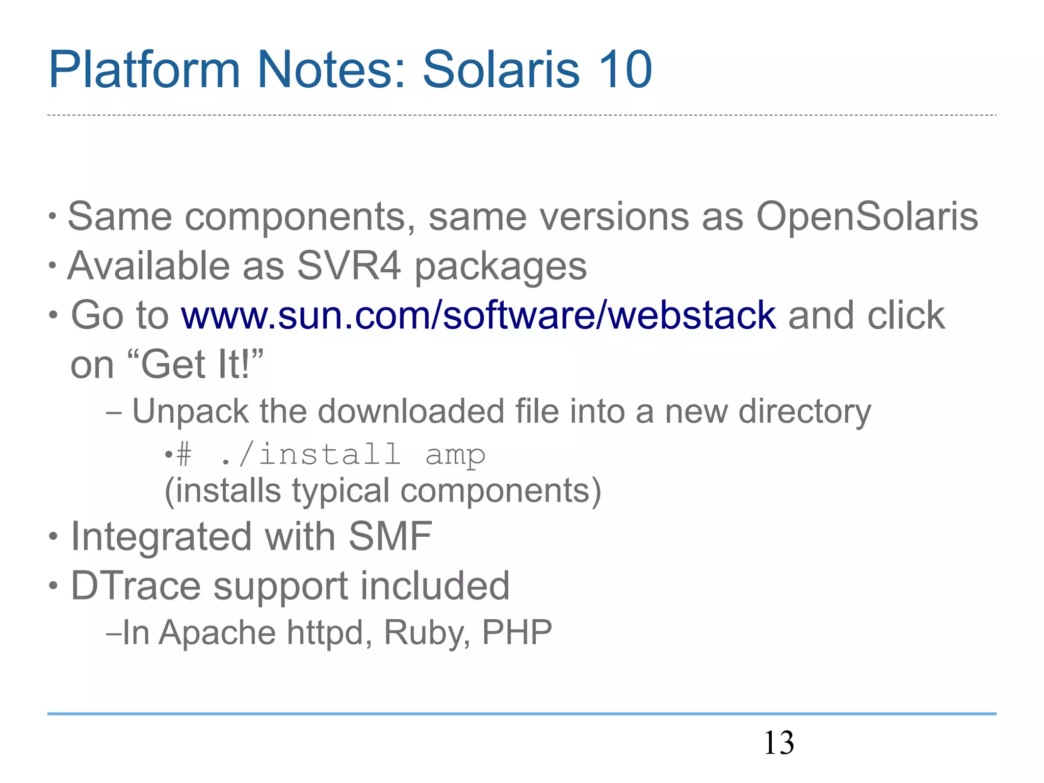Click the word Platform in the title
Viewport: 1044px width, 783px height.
tap(144, 70)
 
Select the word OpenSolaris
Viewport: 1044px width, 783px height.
tap(867, 216)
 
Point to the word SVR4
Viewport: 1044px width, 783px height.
tap(349, 266)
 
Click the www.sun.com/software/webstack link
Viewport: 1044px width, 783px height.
tap(479, 315)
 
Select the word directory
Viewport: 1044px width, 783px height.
tap(805, 412)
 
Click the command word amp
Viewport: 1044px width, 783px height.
tap(455, 455)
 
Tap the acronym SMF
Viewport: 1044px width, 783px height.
tap(390, 536)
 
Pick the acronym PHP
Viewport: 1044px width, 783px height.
tap(517, 633)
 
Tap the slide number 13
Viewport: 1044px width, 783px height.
tap(778, 743)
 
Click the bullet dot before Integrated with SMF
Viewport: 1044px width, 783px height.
tap(54, 537)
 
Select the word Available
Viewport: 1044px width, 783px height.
tap(149, 266)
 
